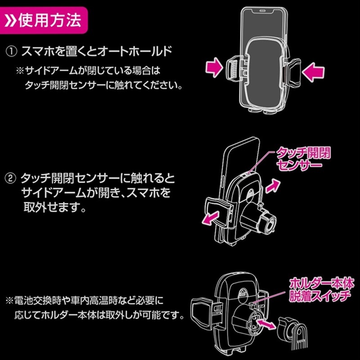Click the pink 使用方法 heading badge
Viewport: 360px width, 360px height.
click(x=44, y=20)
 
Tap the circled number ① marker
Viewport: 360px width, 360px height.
click(x=11, y=51)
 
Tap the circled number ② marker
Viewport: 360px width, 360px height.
click(x=10, y=178)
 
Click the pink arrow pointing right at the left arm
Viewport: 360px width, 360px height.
click(x=214, y=67)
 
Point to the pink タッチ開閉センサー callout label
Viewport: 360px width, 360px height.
click(x=303, y=159)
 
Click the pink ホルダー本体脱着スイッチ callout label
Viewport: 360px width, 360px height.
click(x=321, y=290)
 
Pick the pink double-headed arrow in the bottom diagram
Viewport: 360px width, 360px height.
click(x=266, y=324)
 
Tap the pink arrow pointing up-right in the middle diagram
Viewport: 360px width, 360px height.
click(x=273, y=186)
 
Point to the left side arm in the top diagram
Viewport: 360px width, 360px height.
click(x=233, y=68)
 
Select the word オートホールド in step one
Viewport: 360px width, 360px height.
click(x=135, y=51)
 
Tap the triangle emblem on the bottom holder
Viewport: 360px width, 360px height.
click(x=243, y=292)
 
